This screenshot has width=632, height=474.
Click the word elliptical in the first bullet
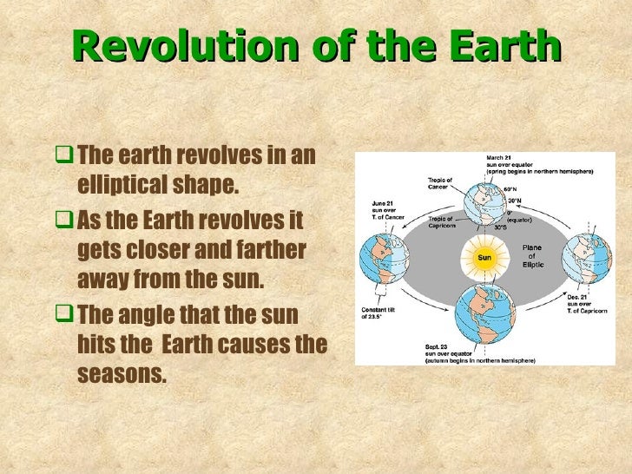[130, 188]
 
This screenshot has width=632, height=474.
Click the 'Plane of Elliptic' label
[531, 256]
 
